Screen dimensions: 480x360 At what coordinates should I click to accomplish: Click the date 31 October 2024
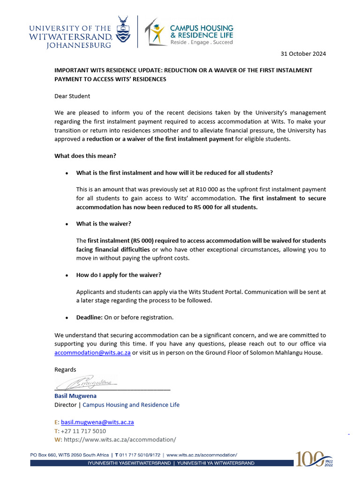[303, 53]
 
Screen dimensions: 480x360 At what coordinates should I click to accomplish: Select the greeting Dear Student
[72, 96]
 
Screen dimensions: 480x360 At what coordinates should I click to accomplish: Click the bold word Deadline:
[89, 317]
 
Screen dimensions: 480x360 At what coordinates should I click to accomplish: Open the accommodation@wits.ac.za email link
[92, 352]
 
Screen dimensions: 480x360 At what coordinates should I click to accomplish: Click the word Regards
[65, 369]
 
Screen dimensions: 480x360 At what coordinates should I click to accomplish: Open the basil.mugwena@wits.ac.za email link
[97, 422]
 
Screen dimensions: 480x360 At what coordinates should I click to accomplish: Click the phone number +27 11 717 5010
[83, 431]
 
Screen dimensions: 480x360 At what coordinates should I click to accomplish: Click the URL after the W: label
[120, 440]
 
